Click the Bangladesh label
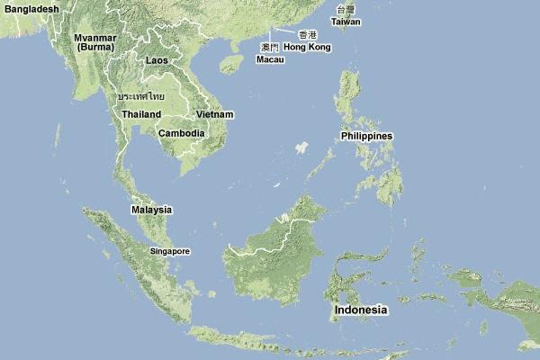(30, 9)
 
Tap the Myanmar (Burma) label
(96, 41)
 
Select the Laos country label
(157, 60)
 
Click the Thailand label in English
(142, 114)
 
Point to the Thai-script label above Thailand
(141, 95)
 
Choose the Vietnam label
(215, 114)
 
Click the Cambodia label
(181, 133)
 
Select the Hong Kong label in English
(307, 47)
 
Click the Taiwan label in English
(346, 21)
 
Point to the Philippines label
(366, 136)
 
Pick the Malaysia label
(151, 210)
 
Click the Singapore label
(170, 251)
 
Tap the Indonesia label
(361, 310)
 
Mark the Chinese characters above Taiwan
(346, 9)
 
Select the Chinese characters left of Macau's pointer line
(269, 47)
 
